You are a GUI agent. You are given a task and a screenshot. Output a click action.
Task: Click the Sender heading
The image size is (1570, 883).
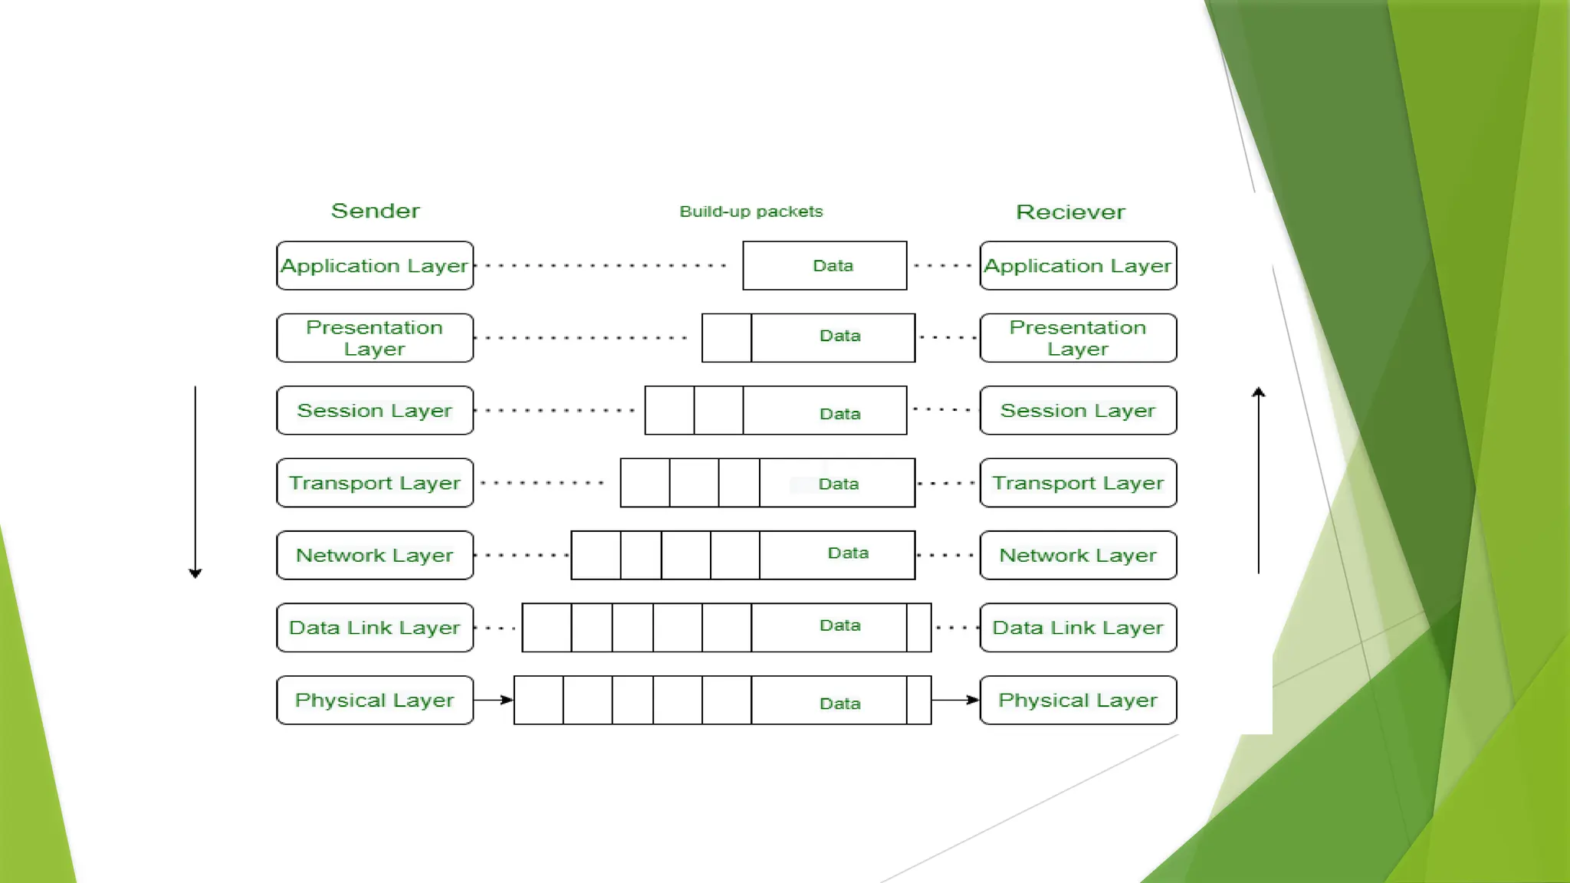click(375, 211)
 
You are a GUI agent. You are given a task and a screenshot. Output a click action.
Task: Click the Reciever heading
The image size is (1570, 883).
click(1070, 212)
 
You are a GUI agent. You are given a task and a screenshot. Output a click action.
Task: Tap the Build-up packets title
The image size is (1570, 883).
click(751, 212)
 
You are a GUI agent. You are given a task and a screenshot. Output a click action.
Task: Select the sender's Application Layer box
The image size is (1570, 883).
click(375, 266)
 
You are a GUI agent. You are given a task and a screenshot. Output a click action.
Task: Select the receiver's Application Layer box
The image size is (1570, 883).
click(1078, 266)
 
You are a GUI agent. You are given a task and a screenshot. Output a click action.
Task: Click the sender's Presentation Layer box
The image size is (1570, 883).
click(375, 338)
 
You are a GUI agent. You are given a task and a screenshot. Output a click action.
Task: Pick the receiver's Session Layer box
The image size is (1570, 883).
click(1078, 411)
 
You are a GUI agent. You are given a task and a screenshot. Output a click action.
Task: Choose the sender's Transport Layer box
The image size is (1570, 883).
click(375, 483)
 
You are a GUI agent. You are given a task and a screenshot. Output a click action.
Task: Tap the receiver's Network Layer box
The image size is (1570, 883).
click(1078, 556)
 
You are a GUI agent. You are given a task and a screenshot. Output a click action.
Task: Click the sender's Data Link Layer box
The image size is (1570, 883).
click(375, 628)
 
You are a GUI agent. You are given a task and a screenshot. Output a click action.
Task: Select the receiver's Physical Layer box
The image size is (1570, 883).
click(1078, 701)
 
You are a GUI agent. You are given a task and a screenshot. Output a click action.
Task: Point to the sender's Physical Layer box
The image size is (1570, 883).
click(375, 701)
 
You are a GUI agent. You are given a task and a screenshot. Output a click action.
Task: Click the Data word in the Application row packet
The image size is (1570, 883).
click(833, 266)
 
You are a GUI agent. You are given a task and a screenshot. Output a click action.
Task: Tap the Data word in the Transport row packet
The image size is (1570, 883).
click(838, 484)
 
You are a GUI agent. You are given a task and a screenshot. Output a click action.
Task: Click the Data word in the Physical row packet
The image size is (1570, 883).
click(839, 704)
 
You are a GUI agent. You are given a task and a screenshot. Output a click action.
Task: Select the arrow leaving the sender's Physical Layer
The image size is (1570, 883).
click(494, 700)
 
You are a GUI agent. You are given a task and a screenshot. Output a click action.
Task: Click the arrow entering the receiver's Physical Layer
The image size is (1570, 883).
click(955, 700)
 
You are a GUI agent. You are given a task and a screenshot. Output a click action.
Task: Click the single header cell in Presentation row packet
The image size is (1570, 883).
click(726, 338)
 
